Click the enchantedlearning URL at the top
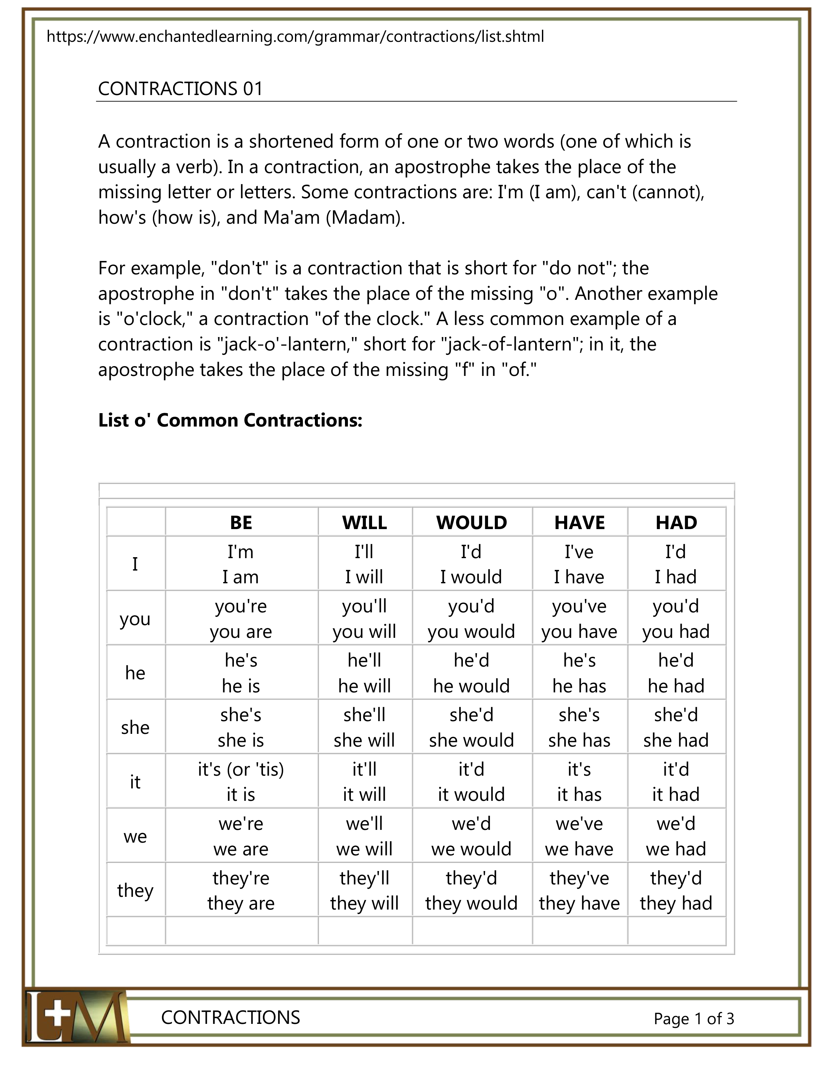click(x=295, y=37)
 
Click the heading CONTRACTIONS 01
click(x=180, y=89)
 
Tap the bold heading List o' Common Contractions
click(x=230, y=420)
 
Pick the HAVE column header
click(x=579, y=523)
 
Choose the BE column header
click(x=241, y=523)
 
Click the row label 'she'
click(x=135, y=728)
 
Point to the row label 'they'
click(x=135, y=890)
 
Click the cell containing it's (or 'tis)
click(x=241, y=782)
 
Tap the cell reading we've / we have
click(x=579, y=836)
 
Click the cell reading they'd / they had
click(x=676, y=890)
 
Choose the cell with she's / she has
click(x=579, y=728)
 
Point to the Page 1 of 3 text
click(x=694, y=1019)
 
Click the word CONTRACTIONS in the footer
click(x=231, y=1018)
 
